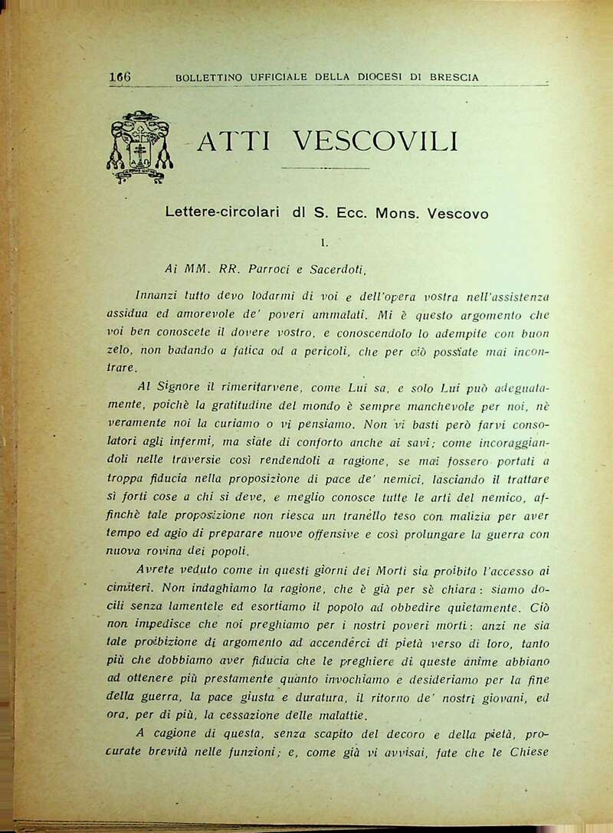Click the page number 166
pos(121,77)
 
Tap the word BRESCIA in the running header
pos(455,77)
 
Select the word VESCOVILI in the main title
pos(376,141)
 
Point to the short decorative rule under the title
pos(325,168)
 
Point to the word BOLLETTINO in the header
pos(209,77)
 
